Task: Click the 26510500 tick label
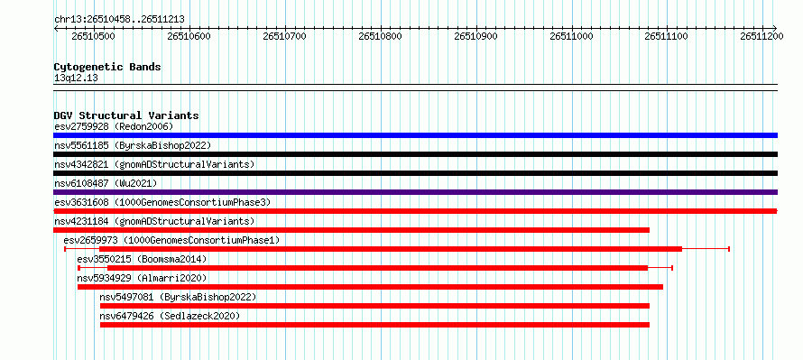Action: tap(94, 36)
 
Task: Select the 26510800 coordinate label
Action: tap(381, 36)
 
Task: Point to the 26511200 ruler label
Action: tap(762, 36)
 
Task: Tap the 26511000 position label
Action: tap(571, 36)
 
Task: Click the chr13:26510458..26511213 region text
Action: tap(119, 20)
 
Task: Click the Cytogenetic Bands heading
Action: tap(107, 67)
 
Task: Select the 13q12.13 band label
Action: tap(76, 78)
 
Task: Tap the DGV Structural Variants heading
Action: tap(126, 115)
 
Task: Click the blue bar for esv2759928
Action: tap(415, 135)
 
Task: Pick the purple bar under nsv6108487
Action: tap(415, 192)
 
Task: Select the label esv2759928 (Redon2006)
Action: tap(114, 126)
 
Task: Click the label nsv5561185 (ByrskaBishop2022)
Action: tap(133, 145)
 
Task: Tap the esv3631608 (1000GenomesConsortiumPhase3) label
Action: tap(162, 202)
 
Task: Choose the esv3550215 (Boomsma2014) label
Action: tap(142, 259)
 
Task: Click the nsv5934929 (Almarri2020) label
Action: tap(142, 278)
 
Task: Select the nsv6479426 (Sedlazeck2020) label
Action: tap(170, 316)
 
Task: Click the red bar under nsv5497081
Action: tap(374, 306)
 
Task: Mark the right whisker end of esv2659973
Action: tap(729, 249)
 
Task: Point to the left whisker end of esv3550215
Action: tap(78, 268)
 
